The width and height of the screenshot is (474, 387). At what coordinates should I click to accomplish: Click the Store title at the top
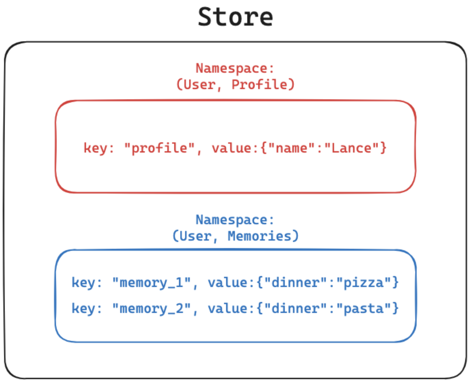pyautogui.click(x=235, y=17)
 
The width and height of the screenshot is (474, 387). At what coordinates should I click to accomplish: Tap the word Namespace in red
pyautogui.click(x=232, y=68)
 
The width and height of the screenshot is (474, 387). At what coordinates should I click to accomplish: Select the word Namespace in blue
pyautogui.click(x=232, y=220)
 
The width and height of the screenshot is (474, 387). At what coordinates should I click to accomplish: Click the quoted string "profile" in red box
pyautogui.click(x=159, y=148)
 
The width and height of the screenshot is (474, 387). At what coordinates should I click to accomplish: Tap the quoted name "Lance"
pyautogui.click(x=351, y=148)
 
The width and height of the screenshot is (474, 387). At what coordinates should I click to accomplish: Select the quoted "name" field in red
pyautogui.click(x=292, y=148)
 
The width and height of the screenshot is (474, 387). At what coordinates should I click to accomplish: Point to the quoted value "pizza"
pyautogui.click(x=363, y=283)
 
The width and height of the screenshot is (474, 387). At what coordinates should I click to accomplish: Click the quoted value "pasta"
pyautogui.click(x=363, y=309)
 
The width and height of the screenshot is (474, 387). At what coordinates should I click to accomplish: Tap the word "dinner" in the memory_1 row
pyautogui.click(x=295, y=283)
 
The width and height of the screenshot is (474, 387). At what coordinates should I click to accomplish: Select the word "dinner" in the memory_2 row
pyautogui.click(x=295, y=309)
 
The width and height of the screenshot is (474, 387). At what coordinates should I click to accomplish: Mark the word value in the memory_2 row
pyautogui.click(x=228, y=309)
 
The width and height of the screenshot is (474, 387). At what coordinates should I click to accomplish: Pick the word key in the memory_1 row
pyautogui.click(x=84, y=283)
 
